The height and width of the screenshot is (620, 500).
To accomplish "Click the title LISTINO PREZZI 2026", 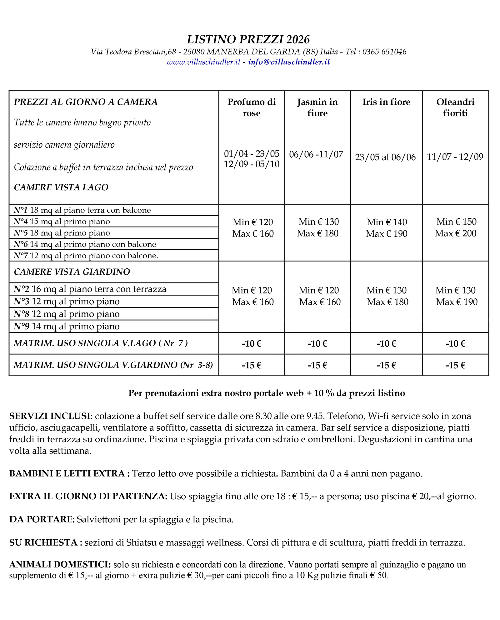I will pos(248,40).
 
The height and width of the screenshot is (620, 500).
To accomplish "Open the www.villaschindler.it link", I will pos(203,62).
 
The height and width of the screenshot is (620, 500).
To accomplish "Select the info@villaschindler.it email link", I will pos(289,62).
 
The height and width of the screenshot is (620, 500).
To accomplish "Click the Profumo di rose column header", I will pos(252,107).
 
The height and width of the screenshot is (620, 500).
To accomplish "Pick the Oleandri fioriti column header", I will pos(455,107).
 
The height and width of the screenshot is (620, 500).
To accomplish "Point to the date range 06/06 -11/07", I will pos(316,154).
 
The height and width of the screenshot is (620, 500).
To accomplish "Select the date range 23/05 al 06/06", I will pos(385,157).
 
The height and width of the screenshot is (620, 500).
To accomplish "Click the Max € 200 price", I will pos(456,233).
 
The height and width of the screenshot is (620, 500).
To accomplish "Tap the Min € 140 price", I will pos(387,222).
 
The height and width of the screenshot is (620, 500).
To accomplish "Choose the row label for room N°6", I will pos(85,244).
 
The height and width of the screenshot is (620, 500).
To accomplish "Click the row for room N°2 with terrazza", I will pos(90,289).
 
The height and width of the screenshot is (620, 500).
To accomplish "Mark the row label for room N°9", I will pos(67,327).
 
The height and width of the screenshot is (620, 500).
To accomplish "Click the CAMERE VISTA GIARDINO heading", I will pos(72,272).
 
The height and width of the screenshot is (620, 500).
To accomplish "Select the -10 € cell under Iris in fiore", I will pos(386,344).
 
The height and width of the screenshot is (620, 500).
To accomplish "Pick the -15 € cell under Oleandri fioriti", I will pos(455,365).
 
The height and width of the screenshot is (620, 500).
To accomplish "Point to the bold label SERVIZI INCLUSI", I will pos(50,416).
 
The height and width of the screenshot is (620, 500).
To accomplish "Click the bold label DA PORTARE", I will pos(42,520).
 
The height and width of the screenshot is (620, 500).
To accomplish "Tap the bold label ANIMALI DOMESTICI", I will pos(60,565).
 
